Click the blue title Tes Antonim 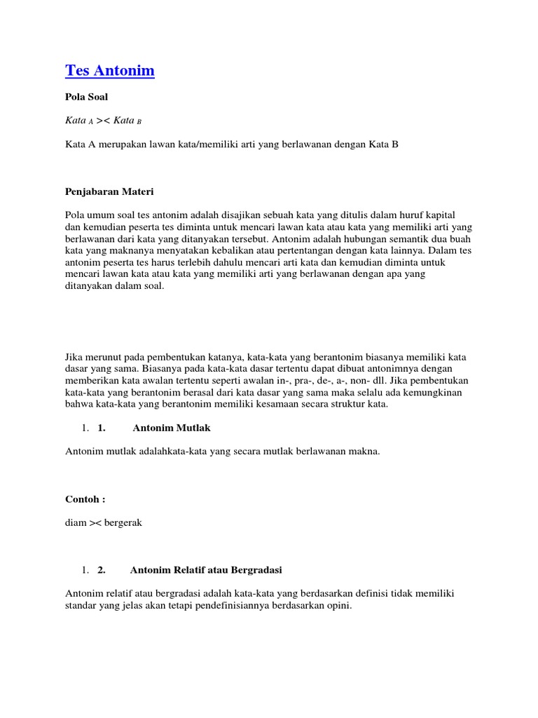[110, 71]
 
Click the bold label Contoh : [85, 499]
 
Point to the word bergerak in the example [123, 523]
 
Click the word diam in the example [76, 523]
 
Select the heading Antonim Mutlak [172, 428]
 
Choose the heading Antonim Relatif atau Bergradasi [206, 569]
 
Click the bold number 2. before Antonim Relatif [102, 569]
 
